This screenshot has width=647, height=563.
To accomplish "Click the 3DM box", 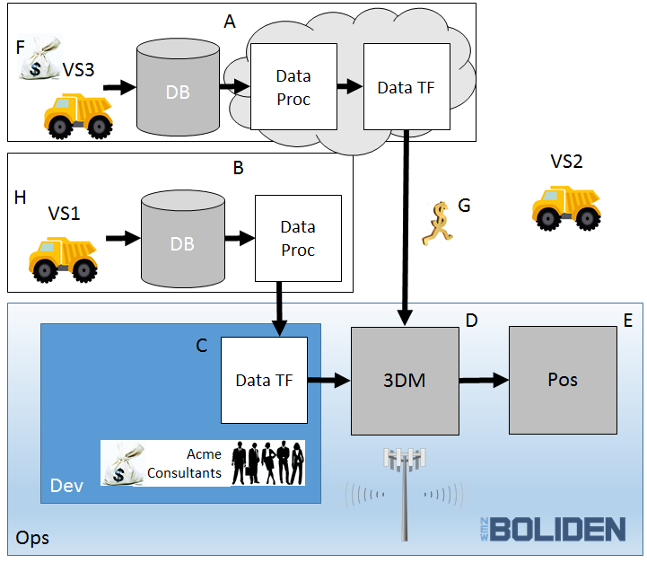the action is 405,381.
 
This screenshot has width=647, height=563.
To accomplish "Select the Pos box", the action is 563,380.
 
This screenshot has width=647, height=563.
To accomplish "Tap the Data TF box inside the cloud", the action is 407,87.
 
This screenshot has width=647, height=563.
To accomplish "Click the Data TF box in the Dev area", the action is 264,380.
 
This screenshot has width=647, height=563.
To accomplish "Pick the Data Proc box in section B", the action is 298,238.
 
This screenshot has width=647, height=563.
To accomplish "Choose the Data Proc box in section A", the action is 293,87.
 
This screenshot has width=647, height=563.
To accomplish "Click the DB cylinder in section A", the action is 178,87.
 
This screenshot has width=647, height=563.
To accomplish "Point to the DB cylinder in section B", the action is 183,239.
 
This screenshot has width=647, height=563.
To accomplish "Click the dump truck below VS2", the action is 566,208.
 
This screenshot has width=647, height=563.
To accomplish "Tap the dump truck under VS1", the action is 63,260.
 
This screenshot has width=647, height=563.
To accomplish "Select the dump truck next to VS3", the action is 78,116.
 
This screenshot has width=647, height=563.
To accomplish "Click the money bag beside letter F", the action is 40,57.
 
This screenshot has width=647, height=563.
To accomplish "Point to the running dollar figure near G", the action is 438,224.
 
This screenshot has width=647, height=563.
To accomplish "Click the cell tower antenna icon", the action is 405,494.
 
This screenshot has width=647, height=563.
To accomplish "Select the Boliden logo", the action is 553,529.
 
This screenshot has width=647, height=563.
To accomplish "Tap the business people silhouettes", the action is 267,462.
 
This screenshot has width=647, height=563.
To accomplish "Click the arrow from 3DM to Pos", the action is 484,380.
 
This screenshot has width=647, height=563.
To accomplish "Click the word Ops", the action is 32,539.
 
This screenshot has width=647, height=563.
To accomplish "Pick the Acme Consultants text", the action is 185,463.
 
